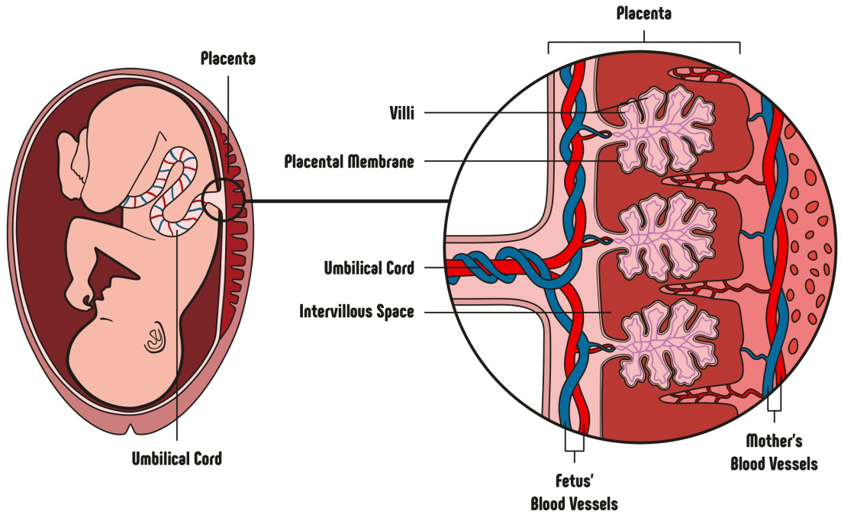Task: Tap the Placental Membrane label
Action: (349, 162)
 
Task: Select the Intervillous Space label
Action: (356, 311)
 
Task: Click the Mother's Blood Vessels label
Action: (774, 452)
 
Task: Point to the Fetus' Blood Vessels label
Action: (574, 493)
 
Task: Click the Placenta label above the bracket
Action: (644, 14)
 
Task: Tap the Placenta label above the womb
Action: (227, 58)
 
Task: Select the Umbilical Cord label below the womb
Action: (177, 458)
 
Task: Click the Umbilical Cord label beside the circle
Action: (369, 268)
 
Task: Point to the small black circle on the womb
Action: (226, 199)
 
